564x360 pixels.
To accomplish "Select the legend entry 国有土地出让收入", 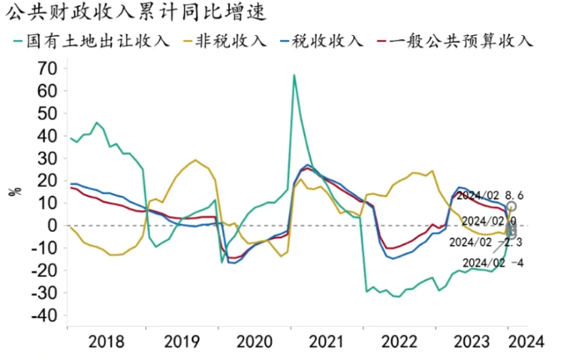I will point(98,40).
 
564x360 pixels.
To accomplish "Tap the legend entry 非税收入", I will point(231,40).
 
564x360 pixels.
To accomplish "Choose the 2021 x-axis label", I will point(325,341).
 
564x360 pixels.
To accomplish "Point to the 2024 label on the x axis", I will point(527,341).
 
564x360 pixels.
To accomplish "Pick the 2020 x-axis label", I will point(252,341).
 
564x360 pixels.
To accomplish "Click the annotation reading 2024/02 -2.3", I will point(485,242).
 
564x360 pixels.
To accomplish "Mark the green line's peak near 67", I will point(294,75).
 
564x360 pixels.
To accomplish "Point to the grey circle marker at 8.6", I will point(511,206).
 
